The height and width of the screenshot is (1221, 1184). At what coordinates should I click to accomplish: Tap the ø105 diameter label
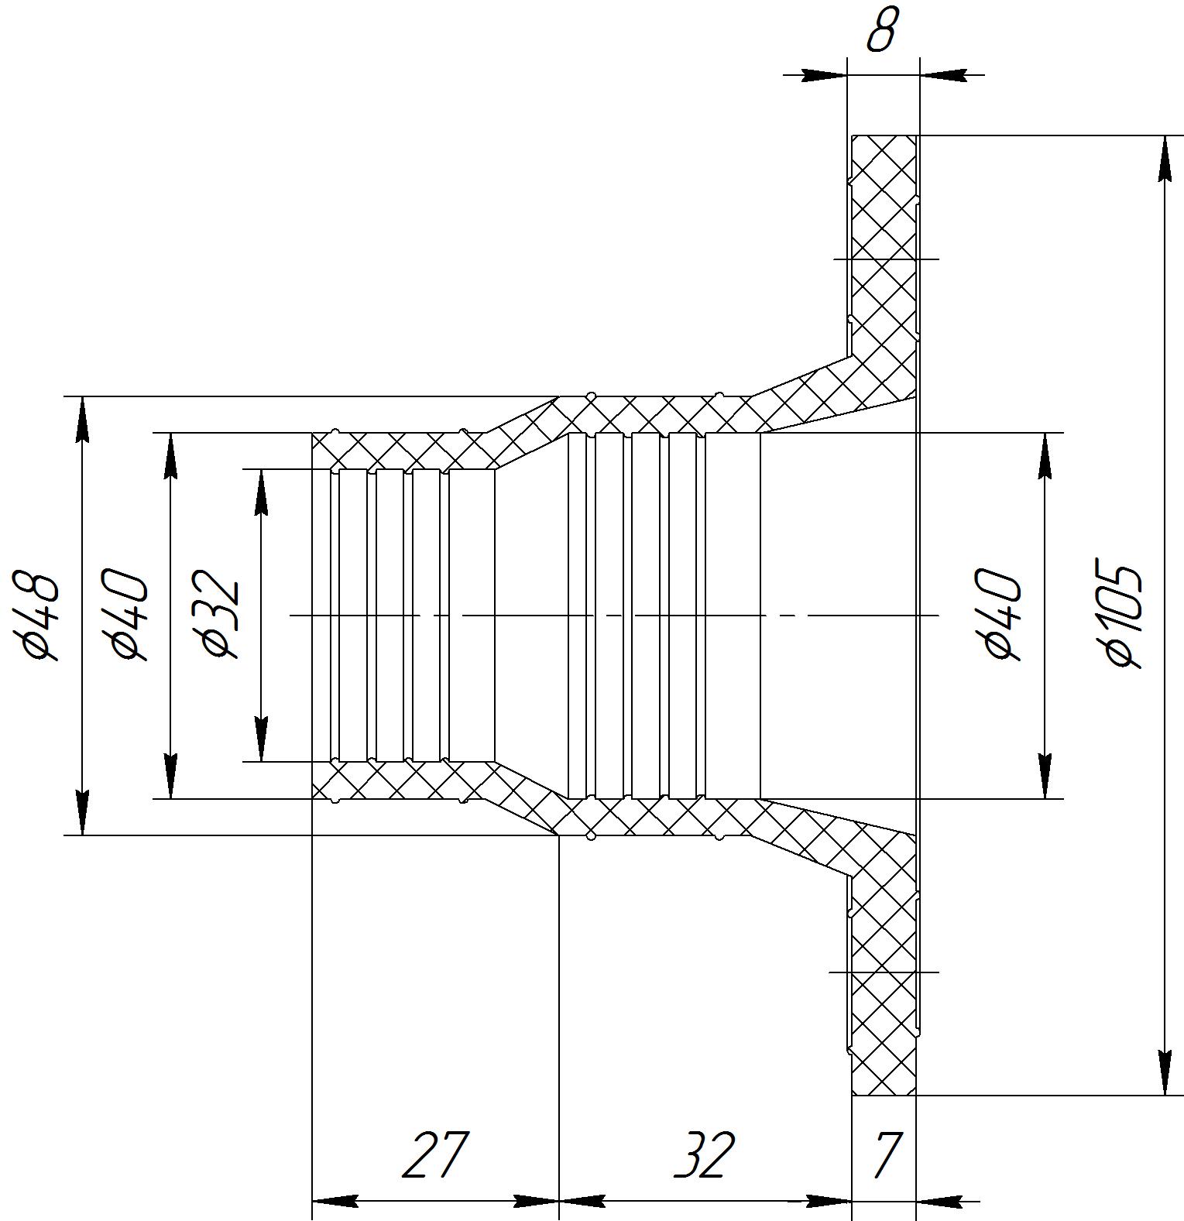(1124, 616)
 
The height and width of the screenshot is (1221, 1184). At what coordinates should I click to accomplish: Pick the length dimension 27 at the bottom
(435, 1154)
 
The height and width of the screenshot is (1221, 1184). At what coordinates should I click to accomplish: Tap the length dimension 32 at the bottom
(703, 1154)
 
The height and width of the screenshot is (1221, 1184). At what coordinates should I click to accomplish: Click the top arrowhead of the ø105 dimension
(1165, 159)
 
